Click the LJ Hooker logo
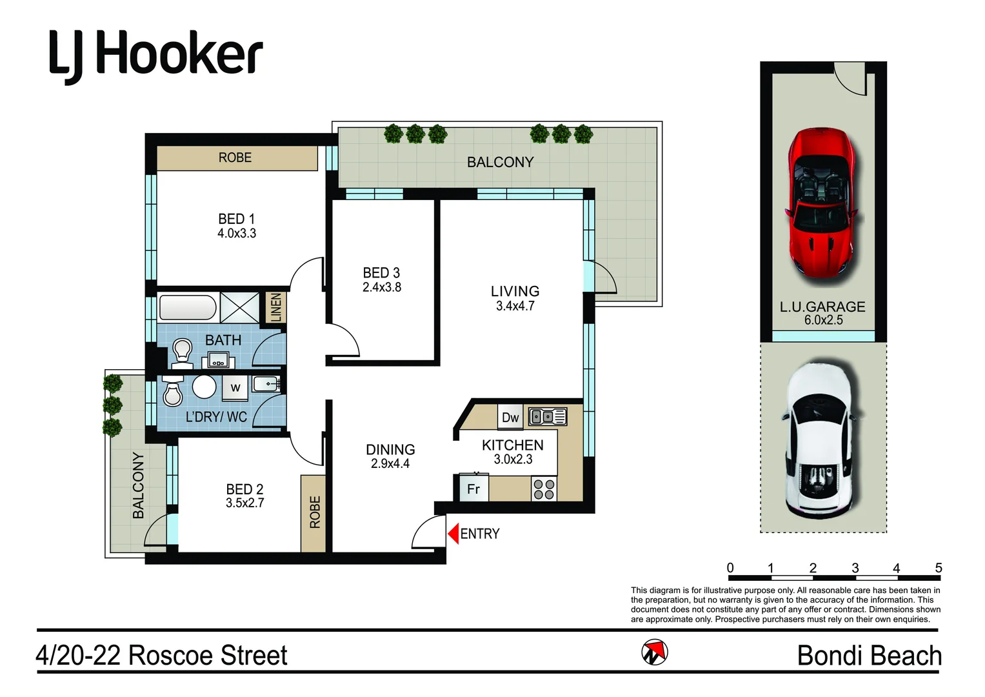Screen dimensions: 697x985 (x=156, y=57)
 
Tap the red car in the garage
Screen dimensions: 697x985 (x=821, y=203)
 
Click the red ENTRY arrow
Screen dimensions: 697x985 (x=453, y=533)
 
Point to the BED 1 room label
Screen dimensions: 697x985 (x=236, y=219)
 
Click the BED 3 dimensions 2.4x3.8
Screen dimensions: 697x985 (x=381, y=287)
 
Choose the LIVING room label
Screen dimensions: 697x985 (x=515, y=291)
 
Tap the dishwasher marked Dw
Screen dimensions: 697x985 (x=510, y=418)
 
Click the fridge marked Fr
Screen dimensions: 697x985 (x=473, y=489)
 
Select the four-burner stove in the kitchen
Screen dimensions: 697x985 (x=544, y=489)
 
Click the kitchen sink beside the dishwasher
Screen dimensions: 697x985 (x=548, y=417)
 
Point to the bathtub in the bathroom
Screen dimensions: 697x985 (x=188, y=308)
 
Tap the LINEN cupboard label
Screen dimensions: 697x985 (x=276, y=307)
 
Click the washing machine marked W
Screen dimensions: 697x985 (x=235, y=388)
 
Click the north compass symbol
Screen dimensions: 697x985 (x=655, y=652)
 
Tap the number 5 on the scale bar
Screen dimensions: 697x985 (x=938, y=568)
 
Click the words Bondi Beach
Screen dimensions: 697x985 (x=869, y=656)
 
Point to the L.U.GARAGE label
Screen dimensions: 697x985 (x=822, y=307)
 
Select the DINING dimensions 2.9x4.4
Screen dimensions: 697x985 (x=390, y=463)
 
